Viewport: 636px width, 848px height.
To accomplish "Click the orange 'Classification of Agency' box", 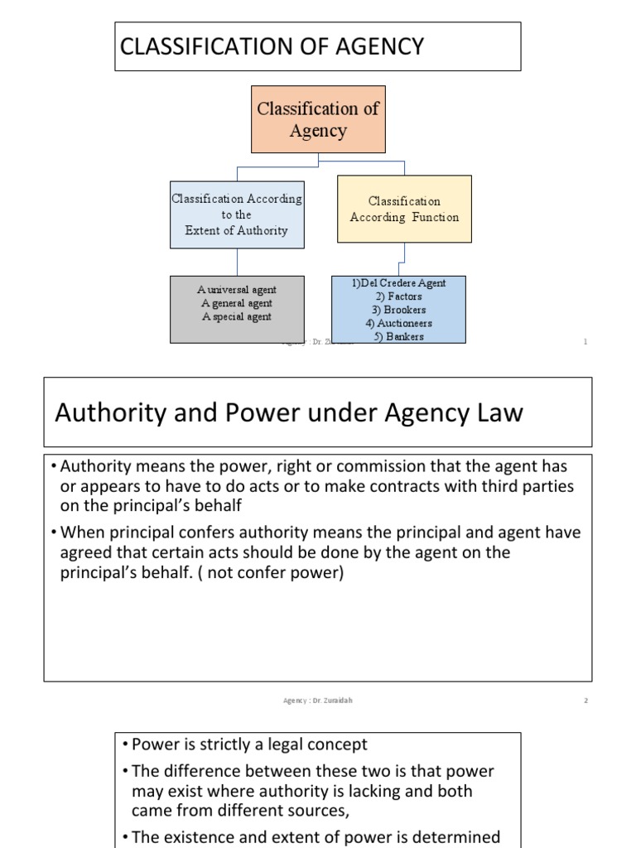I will coord(318,119).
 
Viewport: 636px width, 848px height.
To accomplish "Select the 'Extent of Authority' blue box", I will coord(237,215).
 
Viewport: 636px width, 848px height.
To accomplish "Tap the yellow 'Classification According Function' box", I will coord(404,209).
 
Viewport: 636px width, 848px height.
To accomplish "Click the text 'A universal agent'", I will coord(237,290).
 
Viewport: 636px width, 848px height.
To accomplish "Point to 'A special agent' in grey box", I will coord(237,316).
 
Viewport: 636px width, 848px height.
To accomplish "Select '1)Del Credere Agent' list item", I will coord(399,283).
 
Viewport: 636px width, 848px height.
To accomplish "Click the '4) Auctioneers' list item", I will coord(399,323).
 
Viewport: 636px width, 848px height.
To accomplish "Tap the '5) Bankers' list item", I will coord(399,336).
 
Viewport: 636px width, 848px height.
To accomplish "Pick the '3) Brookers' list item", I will coord(399,310).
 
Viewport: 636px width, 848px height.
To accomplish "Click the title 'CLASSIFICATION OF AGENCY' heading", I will coord(272,47).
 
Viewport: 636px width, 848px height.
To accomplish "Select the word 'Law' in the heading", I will coord(500,413).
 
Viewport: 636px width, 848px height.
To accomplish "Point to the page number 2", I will coord(585,701).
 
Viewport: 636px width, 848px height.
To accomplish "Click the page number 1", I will coord(585,342).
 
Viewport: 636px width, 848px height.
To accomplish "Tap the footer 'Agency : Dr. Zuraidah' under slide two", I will coord(318,701).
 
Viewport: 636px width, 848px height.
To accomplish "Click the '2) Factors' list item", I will coord(399,296).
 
